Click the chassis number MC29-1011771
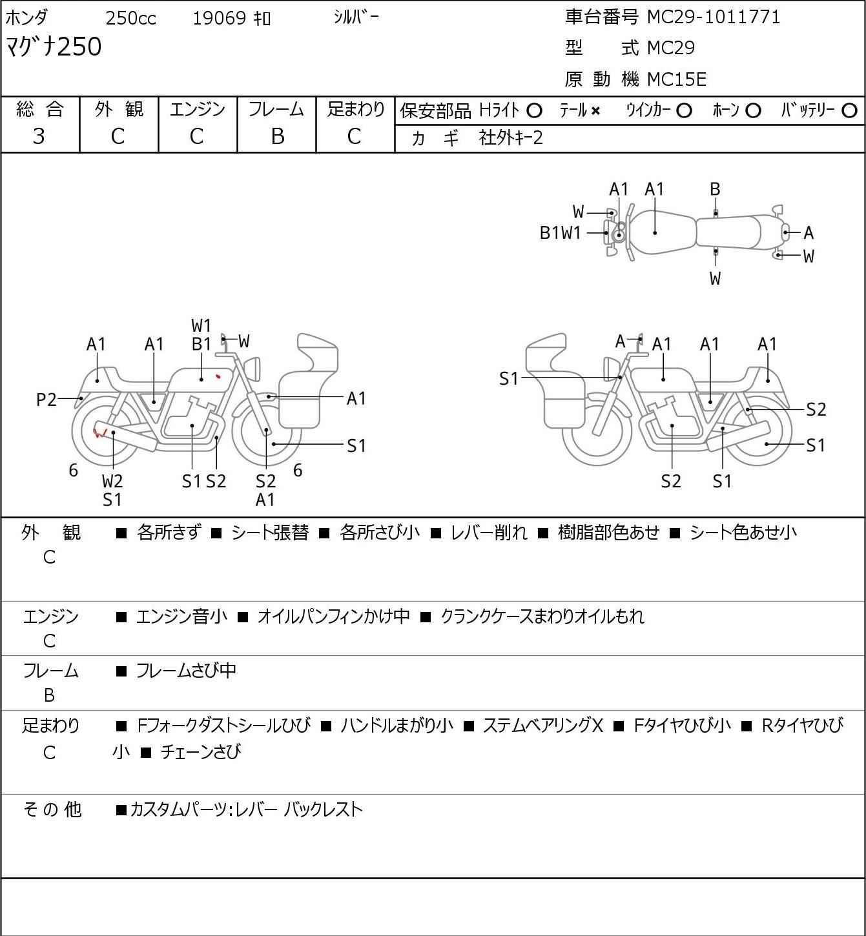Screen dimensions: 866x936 tap(714, 17)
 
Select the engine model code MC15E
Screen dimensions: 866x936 tap(677, 79)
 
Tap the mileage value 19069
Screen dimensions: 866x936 tap(220, 18)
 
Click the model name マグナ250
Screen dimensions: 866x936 tap(54, 46)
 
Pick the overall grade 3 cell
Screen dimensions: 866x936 tap(39, 136)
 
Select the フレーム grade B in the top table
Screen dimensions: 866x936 tap(277, 136)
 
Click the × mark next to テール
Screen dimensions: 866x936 tap(595, 111)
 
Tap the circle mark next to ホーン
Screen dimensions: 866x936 tap(753, 111)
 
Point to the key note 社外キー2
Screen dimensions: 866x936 tap(511, 138)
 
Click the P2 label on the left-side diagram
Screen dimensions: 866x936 tap(46, 400)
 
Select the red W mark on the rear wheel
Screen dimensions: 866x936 tap(99, 432)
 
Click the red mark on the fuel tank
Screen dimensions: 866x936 tap(218, 376)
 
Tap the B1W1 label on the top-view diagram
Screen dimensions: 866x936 tap(561, 233)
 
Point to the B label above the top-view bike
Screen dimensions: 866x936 tap(715, 190)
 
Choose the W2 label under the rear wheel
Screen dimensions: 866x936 tap(112, 481)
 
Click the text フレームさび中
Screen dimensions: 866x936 tap(186, 671)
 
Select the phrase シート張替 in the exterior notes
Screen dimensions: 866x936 tap(270, 533)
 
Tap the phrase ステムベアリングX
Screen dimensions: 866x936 tap(543, 726)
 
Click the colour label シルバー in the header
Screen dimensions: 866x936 tap(356, 17)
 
